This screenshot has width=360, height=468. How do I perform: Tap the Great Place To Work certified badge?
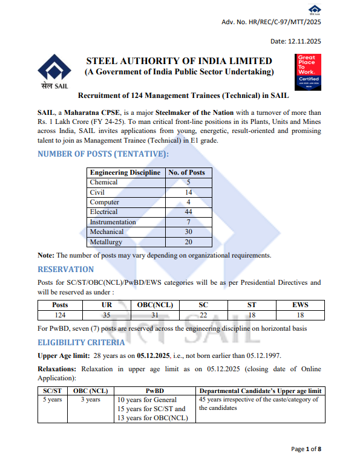tap(307, 72)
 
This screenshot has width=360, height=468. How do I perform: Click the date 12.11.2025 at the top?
tap(296, 41)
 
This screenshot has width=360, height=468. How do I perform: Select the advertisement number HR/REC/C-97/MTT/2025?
tap(272, 22)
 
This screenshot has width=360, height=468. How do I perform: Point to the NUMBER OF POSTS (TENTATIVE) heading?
tap(103, 154)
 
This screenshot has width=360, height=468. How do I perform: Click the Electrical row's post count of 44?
tap(188, 212)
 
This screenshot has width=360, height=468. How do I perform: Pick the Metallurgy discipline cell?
tap(106, 242)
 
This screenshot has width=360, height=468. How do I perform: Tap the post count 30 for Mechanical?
tap(188, 232)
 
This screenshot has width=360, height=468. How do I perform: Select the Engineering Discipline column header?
tap(125, 172)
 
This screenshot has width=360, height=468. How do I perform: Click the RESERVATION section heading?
tap(66, 269)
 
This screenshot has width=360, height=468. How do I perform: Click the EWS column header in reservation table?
tap(300, 305)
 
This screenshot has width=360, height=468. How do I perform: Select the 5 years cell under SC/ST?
tap(53, 400)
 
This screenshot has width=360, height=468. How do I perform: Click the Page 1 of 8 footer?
tap(306, 449)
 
